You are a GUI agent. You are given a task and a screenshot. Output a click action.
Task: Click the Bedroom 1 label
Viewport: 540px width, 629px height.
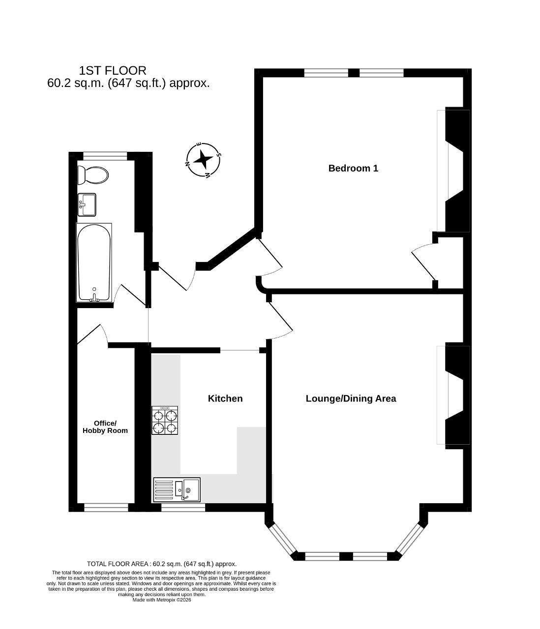[353, 168]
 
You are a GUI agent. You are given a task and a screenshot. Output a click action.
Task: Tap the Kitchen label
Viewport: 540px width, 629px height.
[225, 399]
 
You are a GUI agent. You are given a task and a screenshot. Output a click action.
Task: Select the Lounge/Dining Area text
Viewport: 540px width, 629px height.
[351, 399]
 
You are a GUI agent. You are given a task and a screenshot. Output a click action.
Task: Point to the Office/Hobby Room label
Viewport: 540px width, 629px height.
[105, 427]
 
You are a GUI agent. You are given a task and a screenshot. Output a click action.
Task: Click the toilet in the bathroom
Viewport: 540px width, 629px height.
[93, 175]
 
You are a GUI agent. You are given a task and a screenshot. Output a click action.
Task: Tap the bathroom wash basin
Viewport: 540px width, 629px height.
[87, 204]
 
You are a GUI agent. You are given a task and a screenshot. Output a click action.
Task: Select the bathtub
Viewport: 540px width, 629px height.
[94, 262]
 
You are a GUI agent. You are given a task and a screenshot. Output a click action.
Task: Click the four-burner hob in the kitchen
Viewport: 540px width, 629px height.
[165, 420]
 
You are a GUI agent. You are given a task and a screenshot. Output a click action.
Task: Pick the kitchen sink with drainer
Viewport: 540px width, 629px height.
[177, 489]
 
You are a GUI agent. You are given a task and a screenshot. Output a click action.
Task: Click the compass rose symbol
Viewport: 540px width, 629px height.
[203, 159]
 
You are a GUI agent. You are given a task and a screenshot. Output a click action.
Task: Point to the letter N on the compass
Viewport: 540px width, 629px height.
[187, 164]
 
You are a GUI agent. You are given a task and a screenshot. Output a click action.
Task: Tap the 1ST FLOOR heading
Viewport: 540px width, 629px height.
[113, 71]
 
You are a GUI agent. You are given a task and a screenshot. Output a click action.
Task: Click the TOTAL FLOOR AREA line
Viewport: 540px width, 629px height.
[162, 564]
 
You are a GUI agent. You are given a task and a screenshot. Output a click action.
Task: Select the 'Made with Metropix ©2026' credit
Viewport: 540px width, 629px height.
[162, 600]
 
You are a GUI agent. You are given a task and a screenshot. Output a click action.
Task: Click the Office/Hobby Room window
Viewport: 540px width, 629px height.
[106, 507]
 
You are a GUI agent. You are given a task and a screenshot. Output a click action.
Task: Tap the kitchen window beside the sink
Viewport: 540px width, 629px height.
[183, 507]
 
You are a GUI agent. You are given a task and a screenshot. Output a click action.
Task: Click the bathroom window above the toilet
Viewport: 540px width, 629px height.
[105, 156]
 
